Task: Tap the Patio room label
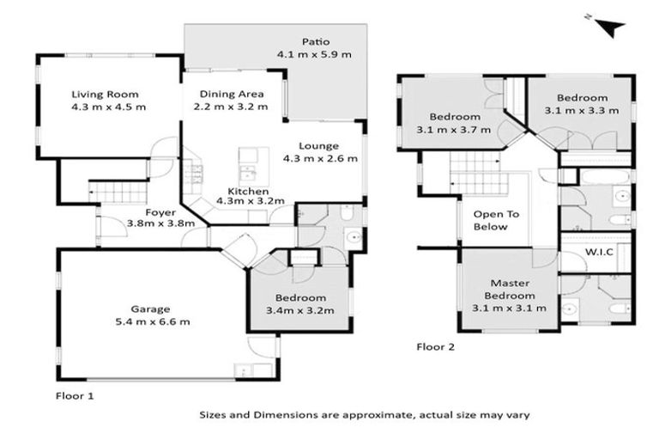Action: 314,41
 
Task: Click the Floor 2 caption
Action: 435,348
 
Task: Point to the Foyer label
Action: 160,211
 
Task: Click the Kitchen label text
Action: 248,191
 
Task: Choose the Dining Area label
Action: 232,94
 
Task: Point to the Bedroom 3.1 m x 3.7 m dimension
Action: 460,130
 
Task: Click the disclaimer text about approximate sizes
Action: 364,414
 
